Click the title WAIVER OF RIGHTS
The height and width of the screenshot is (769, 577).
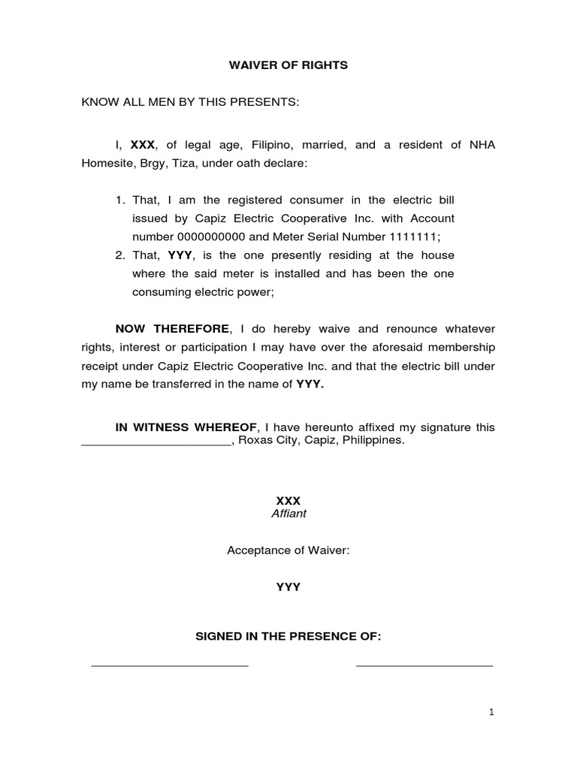(288, 65)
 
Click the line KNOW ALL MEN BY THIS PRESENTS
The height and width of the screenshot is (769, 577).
(190, 102)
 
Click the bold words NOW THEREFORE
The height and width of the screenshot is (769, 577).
(171, 329)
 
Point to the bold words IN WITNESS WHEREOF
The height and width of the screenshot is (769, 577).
(186, 427)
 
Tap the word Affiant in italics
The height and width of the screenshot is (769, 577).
(288, 514)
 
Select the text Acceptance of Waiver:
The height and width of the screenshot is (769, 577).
(288, 550)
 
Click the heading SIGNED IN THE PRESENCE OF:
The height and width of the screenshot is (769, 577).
(288, 637)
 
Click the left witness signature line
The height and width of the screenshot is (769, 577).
(170, 665)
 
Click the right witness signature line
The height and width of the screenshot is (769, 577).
(424, 665)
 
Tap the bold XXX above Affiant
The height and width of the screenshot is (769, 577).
(288, 500)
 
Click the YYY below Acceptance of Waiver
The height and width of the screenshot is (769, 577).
(288, 587)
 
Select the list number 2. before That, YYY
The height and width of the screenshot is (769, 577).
(120, 255)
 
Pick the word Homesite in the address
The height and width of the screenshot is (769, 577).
(107, 163)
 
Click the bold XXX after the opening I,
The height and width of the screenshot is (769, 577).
(142, 145)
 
